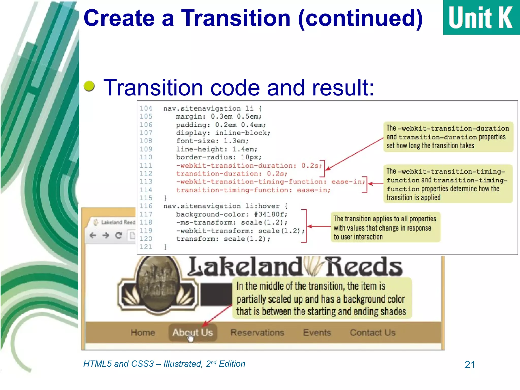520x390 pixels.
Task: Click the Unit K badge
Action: (x=481, y=17)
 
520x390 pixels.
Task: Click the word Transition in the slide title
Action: (x=235, y=18)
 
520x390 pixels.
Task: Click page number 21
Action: (x=469, y=365)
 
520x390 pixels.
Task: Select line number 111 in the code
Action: (x=146, y=166)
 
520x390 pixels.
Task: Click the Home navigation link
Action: (x=143, y=332)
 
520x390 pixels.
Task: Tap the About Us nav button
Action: (x=192, y=332)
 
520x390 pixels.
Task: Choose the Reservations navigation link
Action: (x=257, y=332)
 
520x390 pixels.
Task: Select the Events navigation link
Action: (x=317, y=332)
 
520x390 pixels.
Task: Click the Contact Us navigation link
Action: (x=372, y=332)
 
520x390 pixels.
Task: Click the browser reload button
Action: (x=119, y=235)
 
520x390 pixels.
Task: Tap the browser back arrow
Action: (x=93, y=235)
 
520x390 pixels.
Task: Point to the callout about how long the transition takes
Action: (x=448, y=137)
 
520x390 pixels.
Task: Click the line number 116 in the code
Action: (x=146, y=206)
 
